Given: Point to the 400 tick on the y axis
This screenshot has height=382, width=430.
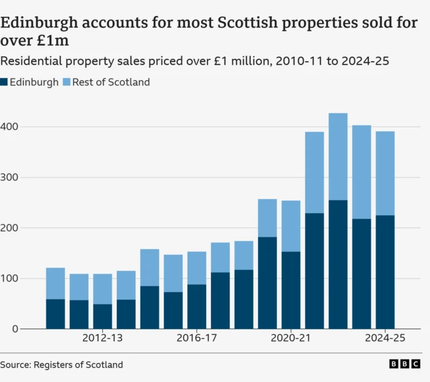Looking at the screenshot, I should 10,126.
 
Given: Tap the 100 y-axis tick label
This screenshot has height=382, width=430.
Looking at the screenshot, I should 10,278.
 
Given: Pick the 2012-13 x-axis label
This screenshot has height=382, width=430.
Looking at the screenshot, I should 103,338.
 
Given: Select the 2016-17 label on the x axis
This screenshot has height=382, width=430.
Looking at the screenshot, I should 197,338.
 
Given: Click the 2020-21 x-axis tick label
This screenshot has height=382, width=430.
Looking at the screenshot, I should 291,338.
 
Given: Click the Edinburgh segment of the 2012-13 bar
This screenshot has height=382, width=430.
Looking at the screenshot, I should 103,316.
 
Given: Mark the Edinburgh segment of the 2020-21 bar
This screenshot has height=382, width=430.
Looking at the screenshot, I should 291,290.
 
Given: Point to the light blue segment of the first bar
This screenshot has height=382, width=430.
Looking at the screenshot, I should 56,283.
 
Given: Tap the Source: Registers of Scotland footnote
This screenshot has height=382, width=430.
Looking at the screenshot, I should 62,365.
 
